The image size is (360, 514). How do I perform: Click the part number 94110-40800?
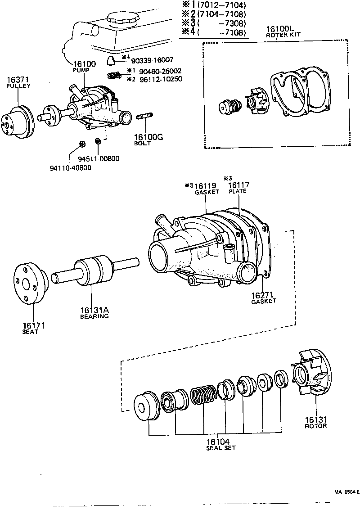point(70,168)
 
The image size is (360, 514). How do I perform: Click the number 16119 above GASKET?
point(206,185)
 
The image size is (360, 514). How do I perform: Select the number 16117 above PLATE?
point(238,185)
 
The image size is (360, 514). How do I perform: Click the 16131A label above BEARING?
point(94,310)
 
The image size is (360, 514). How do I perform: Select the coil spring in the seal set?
point(202,395)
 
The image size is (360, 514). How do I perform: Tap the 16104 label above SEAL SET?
point(220,442)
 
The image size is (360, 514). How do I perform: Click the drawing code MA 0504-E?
point(346,492)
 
